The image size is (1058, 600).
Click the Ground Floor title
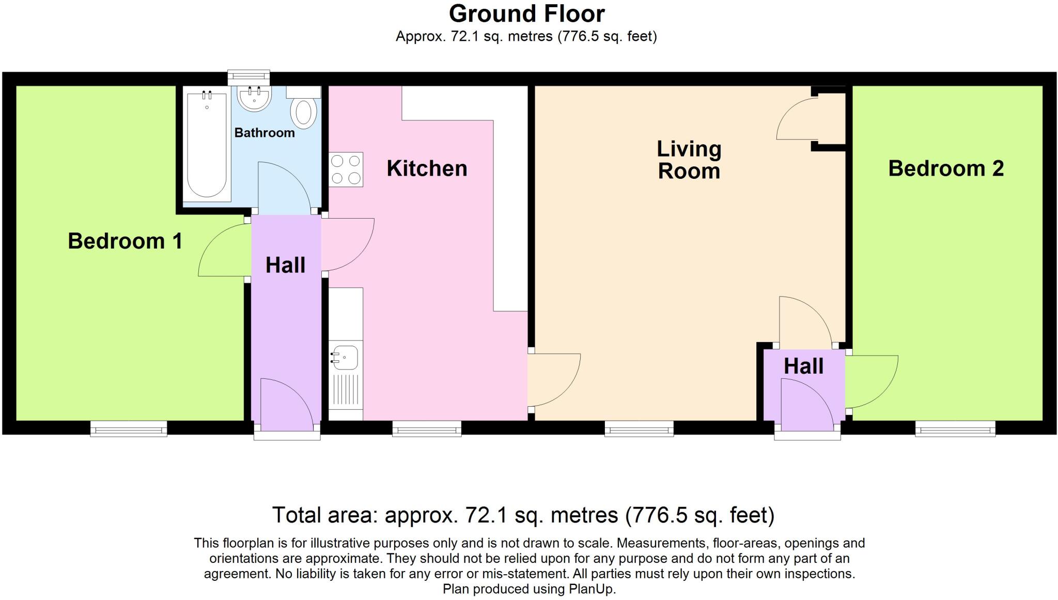(x=526, y=14)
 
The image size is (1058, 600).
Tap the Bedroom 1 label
(x=125, y=241)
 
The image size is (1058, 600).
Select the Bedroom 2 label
(x=945, y=168)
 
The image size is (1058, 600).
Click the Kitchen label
(x=427, y=168)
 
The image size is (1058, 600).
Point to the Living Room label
(x=689, y=160)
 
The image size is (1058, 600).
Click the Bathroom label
(x=264, y=133)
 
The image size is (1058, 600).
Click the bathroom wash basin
(x=254, y=98)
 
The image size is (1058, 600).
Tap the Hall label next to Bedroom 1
(x=285, y=266)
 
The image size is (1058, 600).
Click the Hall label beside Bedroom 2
(x=803, y=366)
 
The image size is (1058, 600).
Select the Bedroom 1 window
(x=129, y=428)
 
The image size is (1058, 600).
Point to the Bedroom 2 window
(x=955, y=428)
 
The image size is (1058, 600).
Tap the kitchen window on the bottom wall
(x=427, y=428)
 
